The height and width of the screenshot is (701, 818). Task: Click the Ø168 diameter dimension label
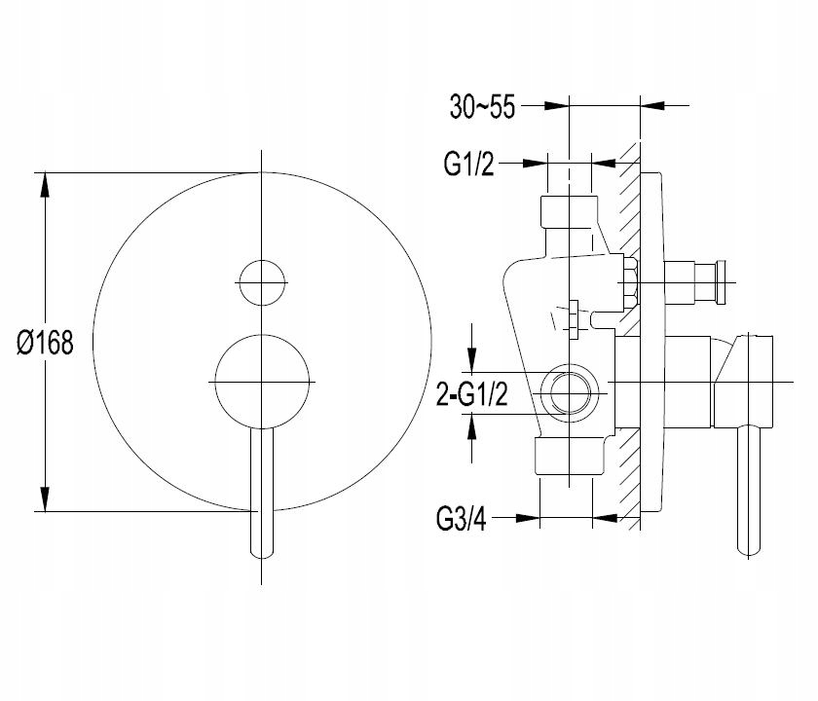(x=45, y=343)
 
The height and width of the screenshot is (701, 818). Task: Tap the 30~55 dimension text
(x=482, y=107)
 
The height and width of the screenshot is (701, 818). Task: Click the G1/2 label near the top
(x=468, y=164)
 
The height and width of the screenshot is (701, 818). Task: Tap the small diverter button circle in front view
(x=262, y=282)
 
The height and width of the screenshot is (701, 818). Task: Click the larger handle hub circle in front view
(x=262, y=382)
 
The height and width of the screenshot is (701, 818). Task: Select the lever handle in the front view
(x=262, y=493)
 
